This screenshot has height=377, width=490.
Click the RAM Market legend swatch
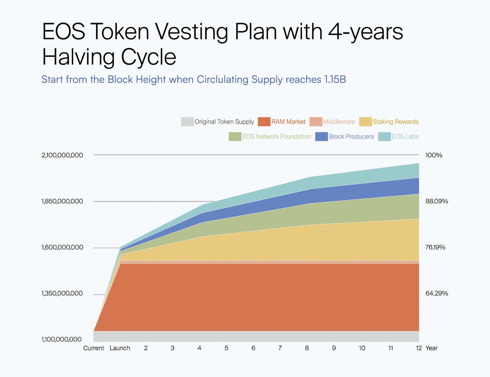[x=264, y=122]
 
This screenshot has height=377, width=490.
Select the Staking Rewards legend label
[x=395, y=122]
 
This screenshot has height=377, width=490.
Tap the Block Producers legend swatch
[x=322, y=136]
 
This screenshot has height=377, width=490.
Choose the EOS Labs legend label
[x=405, y=136]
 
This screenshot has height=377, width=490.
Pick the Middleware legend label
[x=339, y=122]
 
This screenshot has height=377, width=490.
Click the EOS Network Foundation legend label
[x=277, y=136]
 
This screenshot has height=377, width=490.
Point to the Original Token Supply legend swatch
[x=187, y=122]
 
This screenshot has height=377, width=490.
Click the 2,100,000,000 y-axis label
[x=62, y=155]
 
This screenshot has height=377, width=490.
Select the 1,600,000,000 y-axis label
[x=62, y=247]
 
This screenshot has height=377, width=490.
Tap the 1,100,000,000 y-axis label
[x=61, y=339]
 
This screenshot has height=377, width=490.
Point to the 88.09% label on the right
[x=437, y=201]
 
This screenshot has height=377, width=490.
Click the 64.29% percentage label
[x=437, y=293]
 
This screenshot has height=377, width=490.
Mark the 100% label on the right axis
[x=434, y=155]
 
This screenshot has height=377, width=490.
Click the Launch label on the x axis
[x=120, y=348]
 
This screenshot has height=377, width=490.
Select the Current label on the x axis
[x=94, y=348]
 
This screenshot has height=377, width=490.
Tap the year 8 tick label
[x=307, y=348]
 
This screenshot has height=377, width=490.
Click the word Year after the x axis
[x=432, y=348]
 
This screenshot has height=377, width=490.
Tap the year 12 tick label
[x=419, y=348]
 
